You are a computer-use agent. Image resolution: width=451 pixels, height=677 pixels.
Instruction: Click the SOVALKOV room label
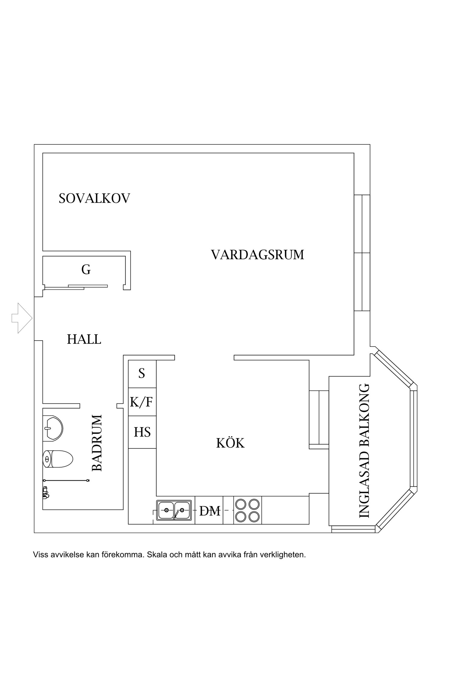(x=94, y=199)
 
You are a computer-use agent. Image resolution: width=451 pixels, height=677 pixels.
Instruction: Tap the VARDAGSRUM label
(x=257, y=255)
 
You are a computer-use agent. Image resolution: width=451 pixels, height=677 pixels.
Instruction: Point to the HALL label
(x=84, y=339)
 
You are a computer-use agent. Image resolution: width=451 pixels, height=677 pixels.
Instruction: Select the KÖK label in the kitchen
(x=230, y=443)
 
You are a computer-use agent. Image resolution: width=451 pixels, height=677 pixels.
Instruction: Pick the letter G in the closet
(x=86, y=270)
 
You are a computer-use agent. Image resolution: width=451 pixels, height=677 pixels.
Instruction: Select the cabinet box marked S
(x=142, y=374)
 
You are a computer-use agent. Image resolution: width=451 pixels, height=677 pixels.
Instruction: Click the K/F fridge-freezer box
(x=142, y=402)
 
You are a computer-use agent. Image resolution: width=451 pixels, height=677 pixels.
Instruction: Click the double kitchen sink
(x=174, y=510)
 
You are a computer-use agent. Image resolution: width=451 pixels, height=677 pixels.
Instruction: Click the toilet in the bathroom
(x=58, y=459)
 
